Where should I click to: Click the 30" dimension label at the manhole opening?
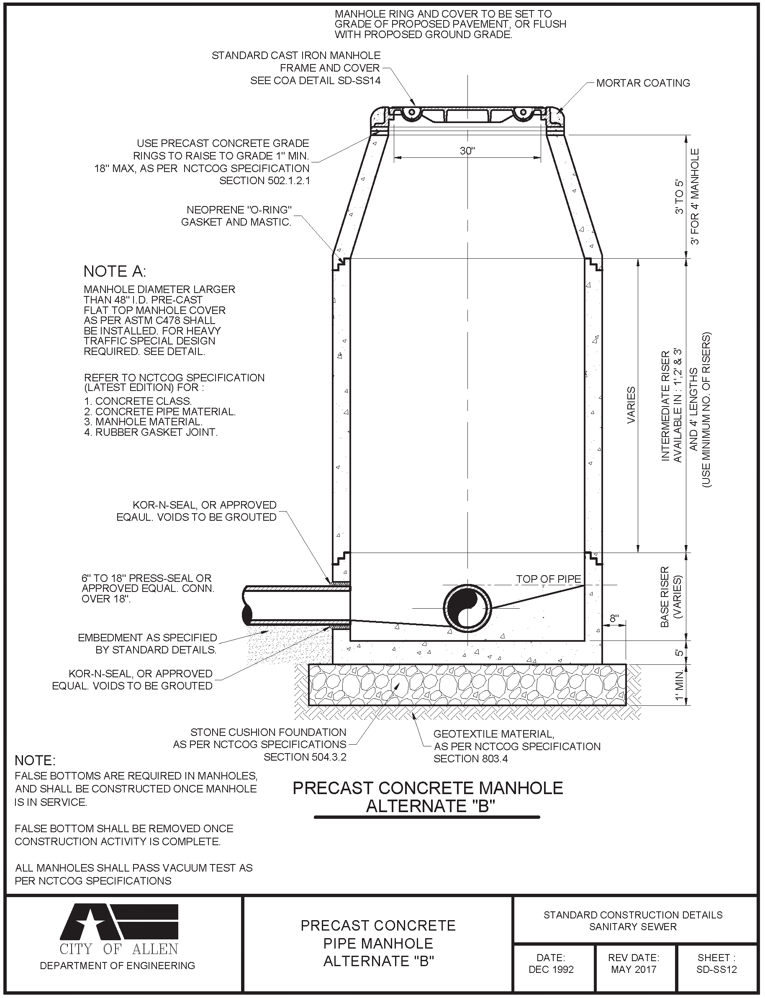[467, 151]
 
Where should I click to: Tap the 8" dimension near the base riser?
[614, 619]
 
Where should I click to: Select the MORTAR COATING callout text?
[643, 83]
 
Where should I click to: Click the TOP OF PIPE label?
[548, 579]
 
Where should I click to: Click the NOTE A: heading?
[115, 272]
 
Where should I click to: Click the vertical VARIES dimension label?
[631, 405]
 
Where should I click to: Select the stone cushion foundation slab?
[467, 684]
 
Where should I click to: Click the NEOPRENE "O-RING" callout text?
[239, 210]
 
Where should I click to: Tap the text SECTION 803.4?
[470, 759]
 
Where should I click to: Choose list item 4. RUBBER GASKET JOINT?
[151, 432]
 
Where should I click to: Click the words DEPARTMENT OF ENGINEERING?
[118, 966]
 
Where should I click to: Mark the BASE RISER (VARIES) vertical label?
[671, 597]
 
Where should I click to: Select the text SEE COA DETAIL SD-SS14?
[315, 81]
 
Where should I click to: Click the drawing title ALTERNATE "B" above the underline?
[430, 806]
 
